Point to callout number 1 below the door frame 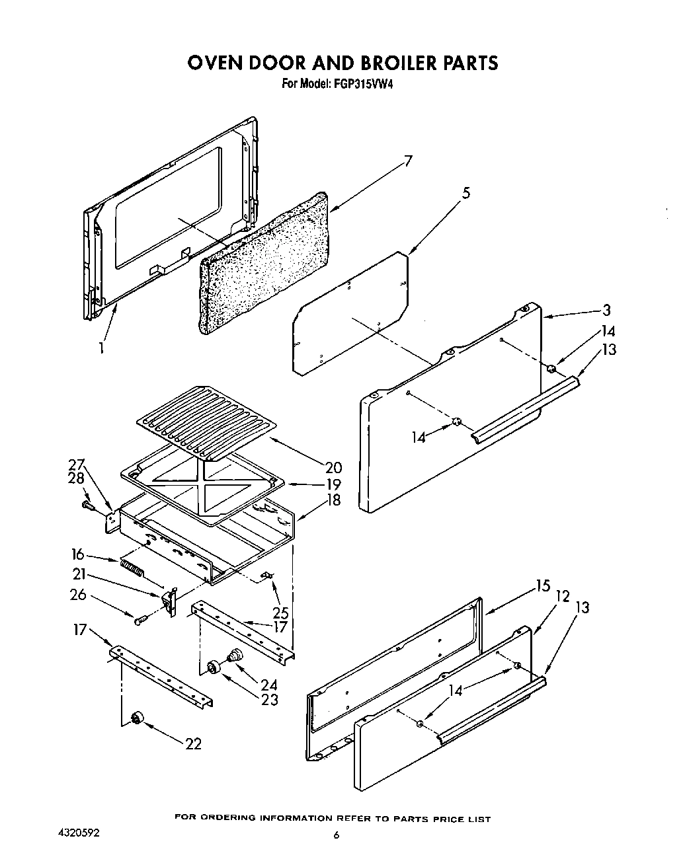point(102,347)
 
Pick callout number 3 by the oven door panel point(606,310)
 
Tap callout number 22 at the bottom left point(192,743)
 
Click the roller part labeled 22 point(137,719)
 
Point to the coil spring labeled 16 point(131,566)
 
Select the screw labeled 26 point(140,621)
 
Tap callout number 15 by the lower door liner point(542,585)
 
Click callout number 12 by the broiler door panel point(563,596)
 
